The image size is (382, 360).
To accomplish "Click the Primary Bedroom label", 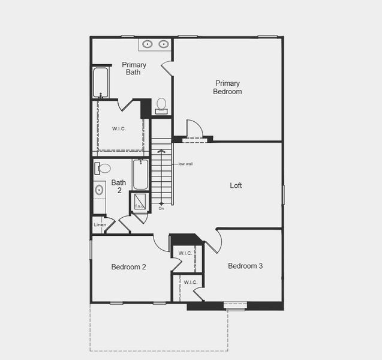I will (x=227, y=88).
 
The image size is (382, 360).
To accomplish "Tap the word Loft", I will (x=236, y=185).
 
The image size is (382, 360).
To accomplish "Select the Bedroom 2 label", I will (x=129, y=267).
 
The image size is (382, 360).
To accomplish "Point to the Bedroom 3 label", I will (x=245, y=266).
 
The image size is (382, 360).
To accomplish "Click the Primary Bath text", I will (x=134, y=68).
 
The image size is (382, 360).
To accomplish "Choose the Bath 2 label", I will (x=119, y=187).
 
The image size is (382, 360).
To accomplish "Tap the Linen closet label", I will (x=100, y=225).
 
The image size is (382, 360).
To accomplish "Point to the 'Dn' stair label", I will (x=161, y=209).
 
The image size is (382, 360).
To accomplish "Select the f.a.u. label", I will (x=139, y=206).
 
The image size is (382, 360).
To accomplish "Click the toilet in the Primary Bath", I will (x=161, y=105).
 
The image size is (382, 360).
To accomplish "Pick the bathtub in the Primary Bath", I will (x=101, y=82).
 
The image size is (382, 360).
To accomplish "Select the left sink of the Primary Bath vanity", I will (x=148, y=44).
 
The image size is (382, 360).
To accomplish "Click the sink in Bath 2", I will (x=99, y=190).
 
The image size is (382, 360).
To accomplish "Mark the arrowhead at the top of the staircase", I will (x=161, y=151).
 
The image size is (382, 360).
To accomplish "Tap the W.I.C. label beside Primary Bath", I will (x=119, y=129).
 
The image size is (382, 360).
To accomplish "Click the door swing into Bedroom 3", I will (x=213, y=241).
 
